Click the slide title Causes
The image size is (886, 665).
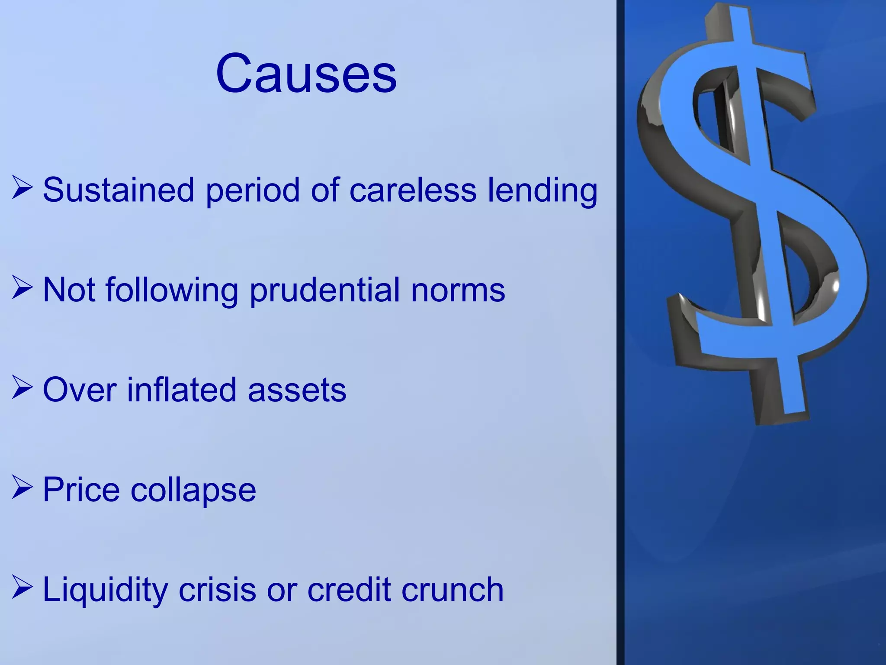[306, 73]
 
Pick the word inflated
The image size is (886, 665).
[181, 390]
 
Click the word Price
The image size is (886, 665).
[81, 490]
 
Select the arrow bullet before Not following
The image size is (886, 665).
[22, 287]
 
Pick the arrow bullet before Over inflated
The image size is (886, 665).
[22, 387]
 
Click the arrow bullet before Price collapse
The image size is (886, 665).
[22, 487]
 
